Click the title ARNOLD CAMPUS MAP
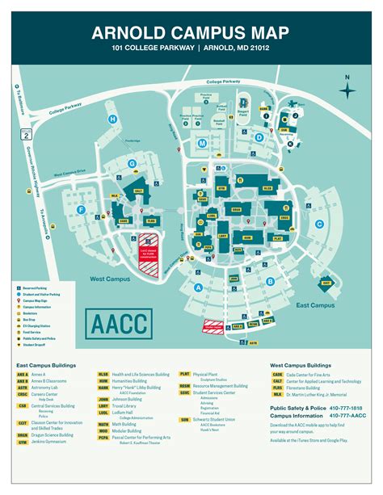(x=191, y=33)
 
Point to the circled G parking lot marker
(x=131, y=164)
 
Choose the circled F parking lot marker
(x=81, y=210)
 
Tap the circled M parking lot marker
(x=202, y=143)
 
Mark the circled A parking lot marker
(x=197, y=286)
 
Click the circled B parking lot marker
(x=270, y=281)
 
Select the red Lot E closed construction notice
(x=148, y=244)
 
